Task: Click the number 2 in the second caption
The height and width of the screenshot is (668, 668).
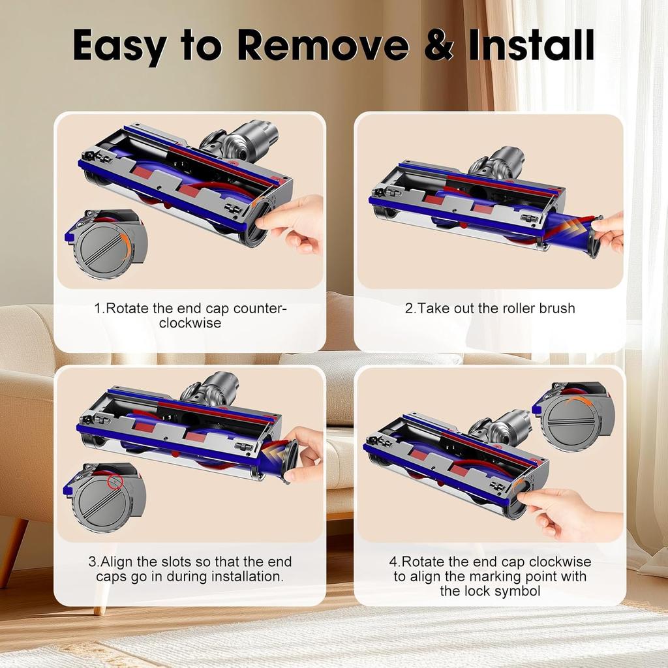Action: [x=408, y=308]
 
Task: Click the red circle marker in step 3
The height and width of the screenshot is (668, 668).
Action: [x=115, y=482]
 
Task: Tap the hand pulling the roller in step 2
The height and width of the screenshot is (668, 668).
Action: [x=611, y=232]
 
